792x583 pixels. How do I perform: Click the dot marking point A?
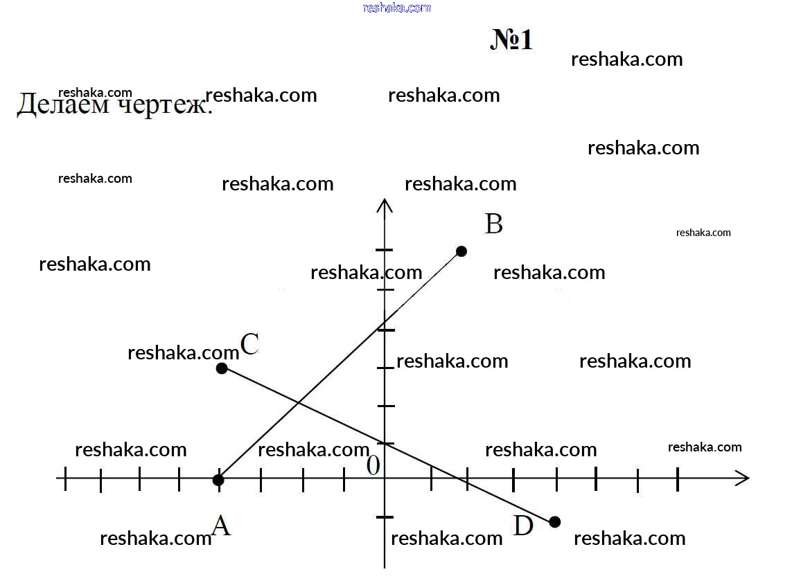pos(218,480)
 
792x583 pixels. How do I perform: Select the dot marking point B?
pos(461,251)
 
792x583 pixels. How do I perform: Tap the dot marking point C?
pos(222,368)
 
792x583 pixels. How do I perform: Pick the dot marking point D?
pos(554,522)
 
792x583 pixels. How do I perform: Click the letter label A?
pos(221,526)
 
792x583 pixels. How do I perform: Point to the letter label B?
pos(493,224)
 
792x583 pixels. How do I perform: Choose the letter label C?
pos(249,345)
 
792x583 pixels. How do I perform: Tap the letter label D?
pos(522,526)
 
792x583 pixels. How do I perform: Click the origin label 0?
pos(373,465)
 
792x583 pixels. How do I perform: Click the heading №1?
pos(511,39)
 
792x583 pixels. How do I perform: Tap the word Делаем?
pos(63,105)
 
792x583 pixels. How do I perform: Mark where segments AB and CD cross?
pos(299,403)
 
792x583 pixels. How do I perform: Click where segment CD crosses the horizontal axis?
pos(459,478)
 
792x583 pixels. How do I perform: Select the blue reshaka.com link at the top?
pos(397,8)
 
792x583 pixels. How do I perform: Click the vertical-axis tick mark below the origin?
pos(385,517)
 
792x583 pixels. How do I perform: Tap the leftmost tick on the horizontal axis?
pos(65,478)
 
